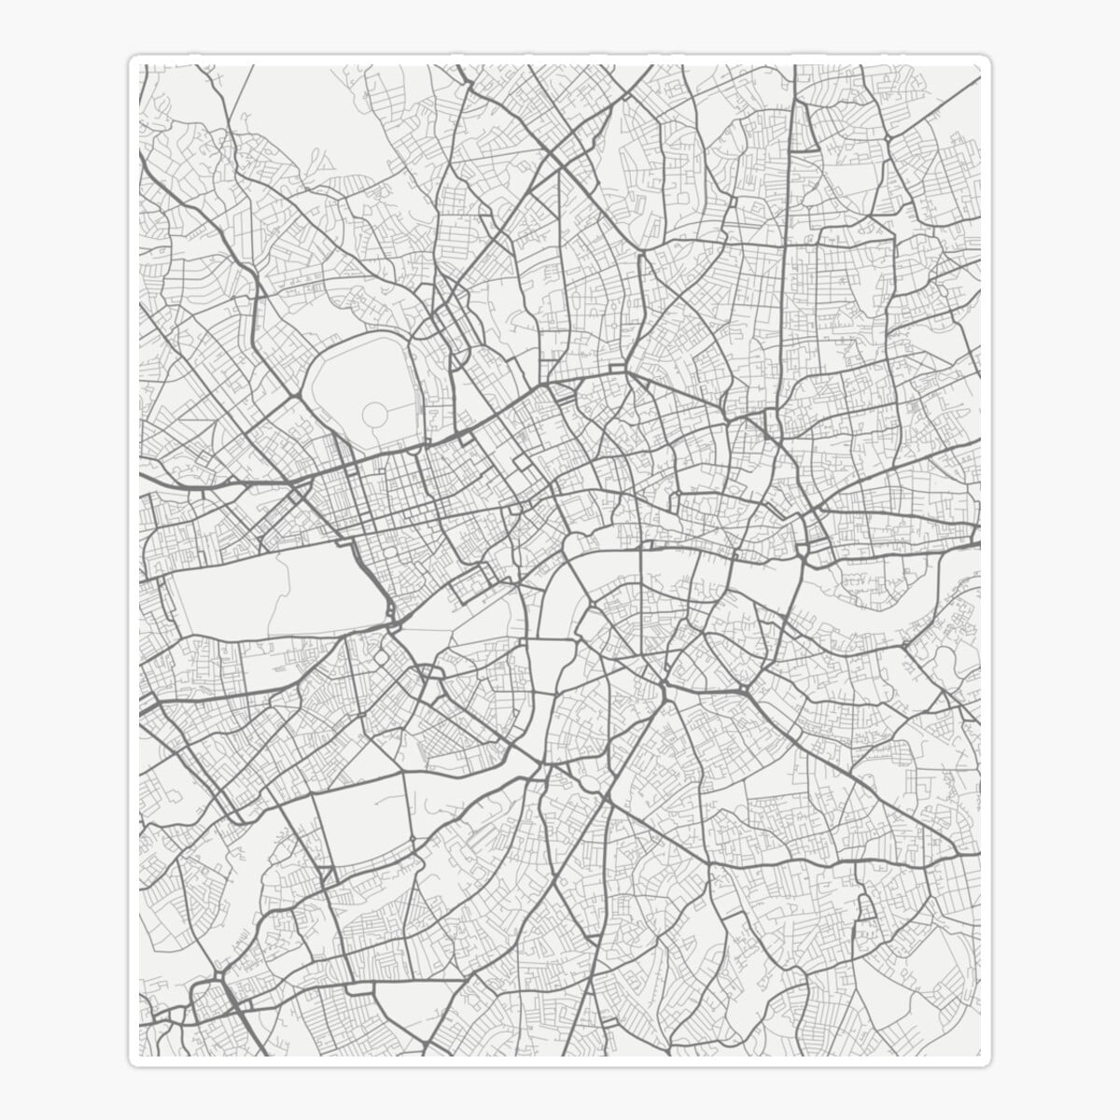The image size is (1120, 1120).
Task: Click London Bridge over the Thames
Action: point(709,560)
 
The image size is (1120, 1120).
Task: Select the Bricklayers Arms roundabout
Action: point(747,691)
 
